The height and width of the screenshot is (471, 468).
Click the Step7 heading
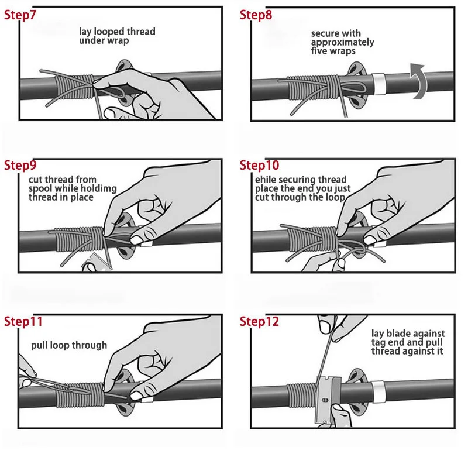click(x=20, y=15)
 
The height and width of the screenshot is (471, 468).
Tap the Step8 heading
click(x=256, y=15)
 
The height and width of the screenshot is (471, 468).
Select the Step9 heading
click(x=20, y=165)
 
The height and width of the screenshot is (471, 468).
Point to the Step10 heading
click(x=260, y=165)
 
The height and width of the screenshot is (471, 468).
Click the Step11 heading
click(x=23, y=321)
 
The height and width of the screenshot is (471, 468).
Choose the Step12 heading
click(x=260, y=321)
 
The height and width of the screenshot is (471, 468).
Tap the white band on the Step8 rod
click(x=378, y=84)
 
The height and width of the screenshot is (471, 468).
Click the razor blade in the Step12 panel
click(x=328, y=400)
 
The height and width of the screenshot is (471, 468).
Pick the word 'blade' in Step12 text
click(x=398, y=334)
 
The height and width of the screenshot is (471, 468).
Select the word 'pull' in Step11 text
click(x=39, y=345)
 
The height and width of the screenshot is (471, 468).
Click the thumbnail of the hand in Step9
click(x=136, y=239)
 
